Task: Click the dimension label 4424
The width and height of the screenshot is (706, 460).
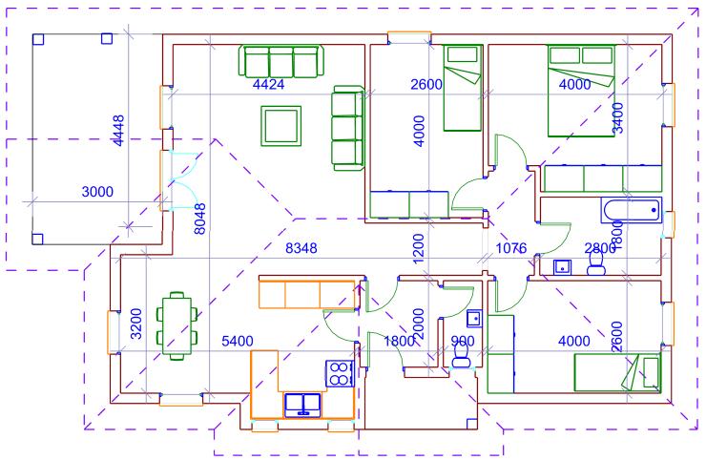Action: pos(268,84)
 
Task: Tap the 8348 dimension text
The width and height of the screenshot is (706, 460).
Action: pos(301,248)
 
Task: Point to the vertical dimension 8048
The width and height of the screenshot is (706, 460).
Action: pos(199,219)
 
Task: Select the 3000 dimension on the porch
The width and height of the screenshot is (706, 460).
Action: pos(97,192)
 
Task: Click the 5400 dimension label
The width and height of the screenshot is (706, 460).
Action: pos(238,341)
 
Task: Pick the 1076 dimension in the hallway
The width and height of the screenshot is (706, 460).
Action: pos(511,248)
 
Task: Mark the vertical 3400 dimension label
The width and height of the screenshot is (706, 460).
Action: pos(618,118)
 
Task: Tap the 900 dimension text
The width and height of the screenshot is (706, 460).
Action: pos(463,341)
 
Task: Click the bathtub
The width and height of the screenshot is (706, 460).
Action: pos(632,210)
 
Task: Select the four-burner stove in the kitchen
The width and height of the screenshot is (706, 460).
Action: pos(340,373)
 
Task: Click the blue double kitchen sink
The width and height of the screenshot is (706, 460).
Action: pos(302,405)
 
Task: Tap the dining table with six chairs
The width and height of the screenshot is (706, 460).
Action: pos(176,325)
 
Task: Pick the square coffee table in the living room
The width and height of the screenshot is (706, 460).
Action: pos(280,126)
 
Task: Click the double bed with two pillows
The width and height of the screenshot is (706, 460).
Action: pos(581,91)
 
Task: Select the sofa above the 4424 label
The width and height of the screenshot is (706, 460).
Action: pos(280,61)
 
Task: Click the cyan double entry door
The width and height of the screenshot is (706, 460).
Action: pos(184,180)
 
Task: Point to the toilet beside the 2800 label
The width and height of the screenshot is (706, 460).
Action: pos(596,263)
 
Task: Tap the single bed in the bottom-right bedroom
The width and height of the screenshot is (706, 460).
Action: pos(617,372)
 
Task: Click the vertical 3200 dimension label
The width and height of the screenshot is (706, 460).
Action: pos(135,324)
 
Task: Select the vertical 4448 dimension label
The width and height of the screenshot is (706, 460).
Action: pos(118,131)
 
